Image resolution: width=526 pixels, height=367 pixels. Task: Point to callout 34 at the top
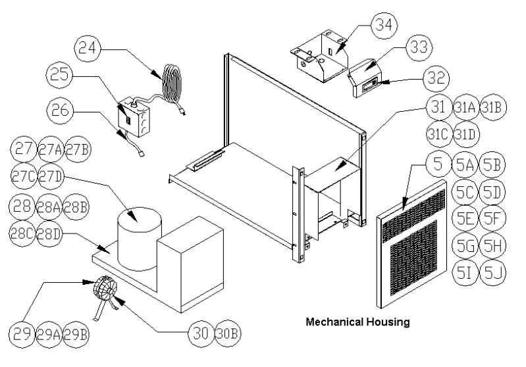[384, 26]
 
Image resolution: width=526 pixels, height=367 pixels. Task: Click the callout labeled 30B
[227, 332]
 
